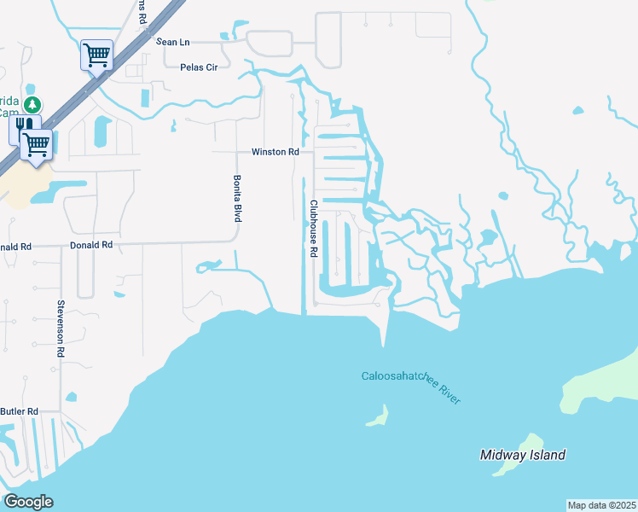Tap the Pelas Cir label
[200, 67]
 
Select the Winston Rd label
[275, 152]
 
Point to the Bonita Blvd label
[237, 199]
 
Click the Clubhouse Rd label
[313, 229]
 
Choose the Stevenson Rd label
[61, 328]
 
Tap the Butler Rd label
[20, 411]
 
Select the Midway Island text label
[523, 455]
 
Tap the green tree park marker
[32, 105]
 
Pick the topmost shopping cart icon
[96, 55]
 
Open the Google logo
[28, 501]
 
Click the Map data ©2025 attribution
[601, 505]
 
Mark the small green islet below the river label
[378, 416]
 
